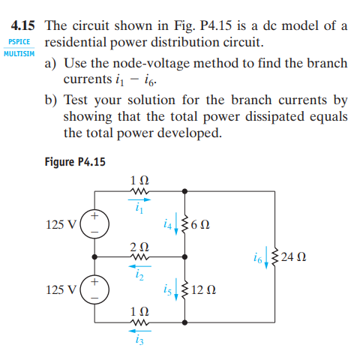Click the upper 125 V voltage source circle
pos(95,223)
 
